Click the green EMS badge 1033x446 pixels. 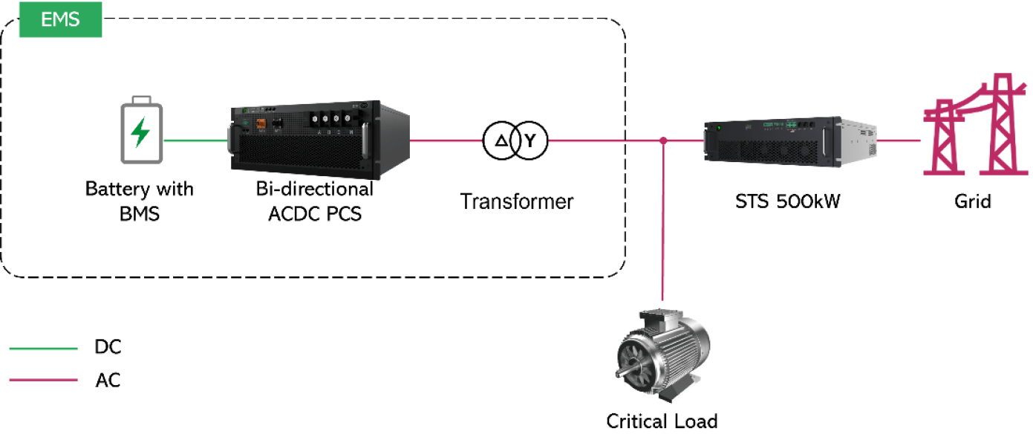(x=60, y=19)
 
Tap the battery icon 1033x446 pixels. (x=142, y=130)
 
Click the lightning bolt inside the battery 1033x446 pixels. (x=140, y=132)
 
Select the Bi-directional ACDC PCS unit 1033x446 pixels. (x=319, y=140)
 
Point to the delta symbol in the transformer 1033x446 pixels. (x=501, y=140)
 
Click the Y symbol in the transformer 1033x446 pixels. (x=530, y=140)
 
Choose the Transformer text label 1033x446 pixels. (x=517, y=201)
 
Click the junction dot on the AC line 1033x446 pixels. (x=663, y=140)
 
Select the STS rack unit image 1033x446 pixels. (x=790, y=141)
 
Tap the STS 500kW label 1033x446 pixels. (x=788, y=201)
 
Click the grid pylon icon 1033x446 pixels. (x=975, y=124)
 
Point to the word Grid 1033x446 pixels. (x=973, y=201)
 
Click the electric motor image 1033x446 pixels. (x=662, y=355)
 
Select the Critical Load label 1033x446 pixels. (x=662, y=421)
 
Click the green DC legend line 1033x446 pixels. (x=43, y=348)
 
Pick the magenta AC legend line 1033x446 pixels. (x=43, y=380)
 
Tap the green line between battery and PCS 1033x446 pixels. (x=196, y=140)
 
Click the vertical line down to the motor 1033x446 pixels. (x=662, y=221)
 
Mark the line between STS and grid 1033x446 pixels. (x=899, y=140)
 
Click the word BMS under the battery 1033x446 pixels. (x=140, y=214)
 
